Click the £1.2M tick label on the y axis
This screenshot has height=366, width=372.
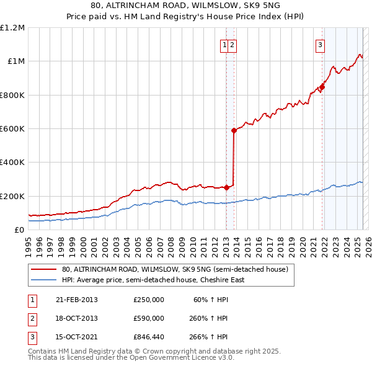click(12, 28)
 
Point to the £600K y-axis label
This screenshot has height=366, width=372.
click(12, 129)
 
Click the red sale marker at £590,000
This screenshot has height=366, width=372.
click(234, 130)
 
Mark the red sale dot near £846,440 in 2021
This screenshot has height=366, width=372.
click(322, 87)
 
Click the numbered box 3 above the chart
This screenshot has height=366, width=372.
click(320, 44)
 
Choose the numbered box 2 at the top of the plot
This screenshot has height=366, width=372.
click(231, 44)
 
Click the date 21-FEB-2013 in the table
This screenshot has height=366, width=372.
click(77, 300)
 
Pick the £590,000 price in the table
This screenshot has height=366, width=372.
click(149, 318)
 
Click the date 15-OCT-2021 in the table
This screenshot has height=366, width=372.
click(77, 337)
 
